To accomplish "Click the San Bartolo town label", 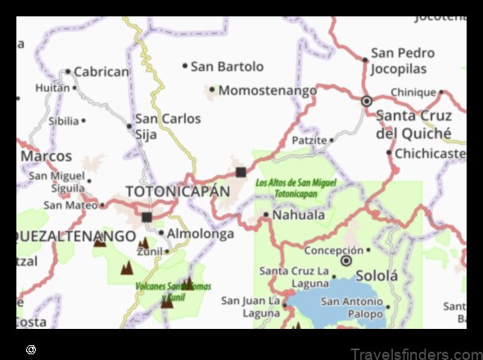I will point(228,66).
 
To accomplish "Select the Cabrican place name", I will point(102,71).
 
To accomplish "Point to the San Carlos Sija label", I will point(168,126).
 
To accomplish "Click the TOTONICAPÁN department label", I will point(178,191).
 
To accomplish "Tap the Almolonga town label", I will point(201,233).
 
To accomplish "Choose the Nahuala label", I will point(299,215).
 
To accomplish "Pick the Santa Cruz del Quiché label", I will point(413,124).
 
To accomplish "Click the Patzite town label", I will point(309,141).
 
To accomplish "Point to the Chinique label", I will point(413,92).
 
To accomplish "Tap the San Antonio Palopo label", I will point(352,307).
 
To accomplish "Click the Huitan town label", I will point(52,88).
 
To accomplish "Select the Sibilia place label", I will point(64,121).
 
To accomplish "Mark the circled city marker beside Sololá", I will point(346,261).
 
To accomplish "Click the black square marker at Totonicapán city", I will point(241,172).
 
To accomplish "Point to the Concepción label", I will point(332,250).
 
